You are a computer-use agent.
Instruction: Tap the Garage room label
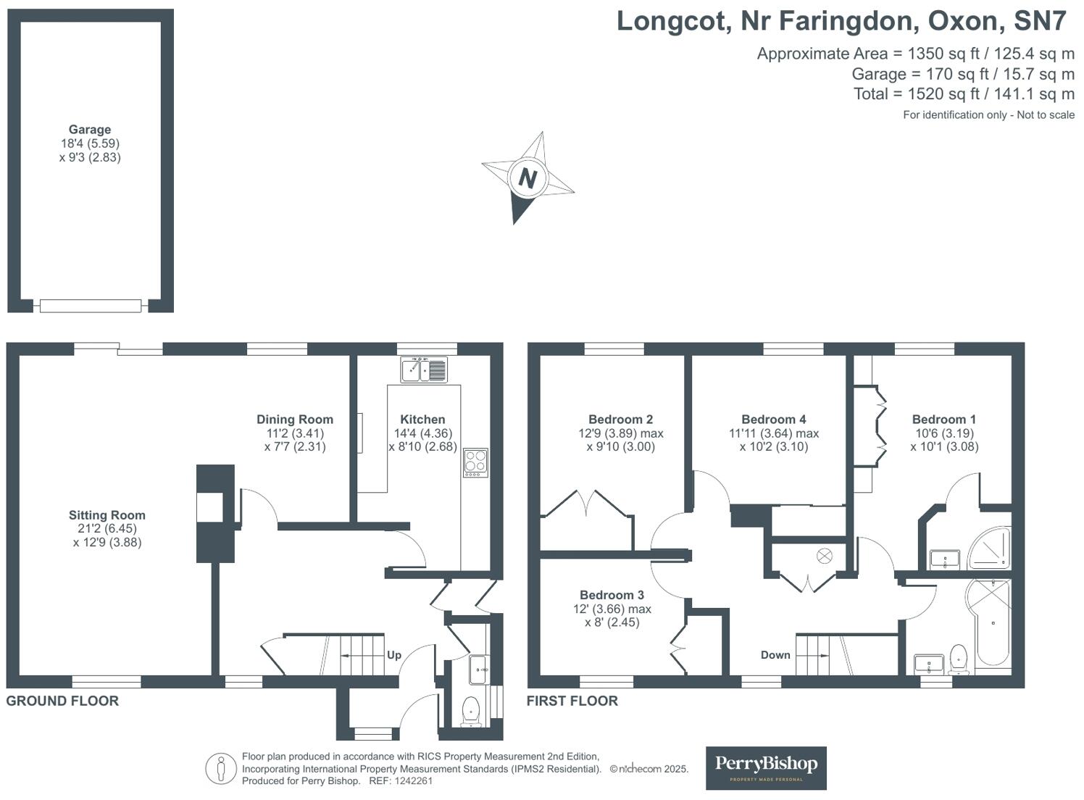tap(90, 130)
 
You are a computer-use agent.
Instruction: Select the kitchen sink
tap(424, 370)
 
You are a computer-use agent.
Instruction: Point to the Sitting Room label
tap(107, 515)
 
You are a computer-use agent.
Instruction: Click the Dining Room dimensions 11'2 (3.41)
tap(295, 433)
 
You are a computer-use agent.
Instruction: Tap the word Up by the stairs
tap(393, 655)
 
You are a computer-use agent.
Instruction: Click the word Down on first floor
tap(775, 655)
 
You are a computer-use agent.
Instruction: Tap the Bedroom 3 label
tap(612, 595)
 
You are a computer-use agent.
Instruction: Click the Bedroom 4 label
tap(773, 420)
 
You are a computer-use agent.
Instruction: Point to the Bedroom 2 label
tap(620, 420)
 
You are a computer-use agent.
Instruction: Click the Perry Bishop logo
tap(766, 767)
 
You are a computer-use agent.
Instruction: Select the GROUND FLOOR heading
tap(62, 701)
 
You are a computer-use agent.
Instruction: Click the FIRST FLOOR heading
tap(572, 701)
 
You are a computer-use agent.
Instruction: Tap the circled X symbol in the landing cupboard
tap(825, 556)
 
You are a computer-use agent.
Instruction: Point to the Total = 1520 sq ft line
tap(964, 93)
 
